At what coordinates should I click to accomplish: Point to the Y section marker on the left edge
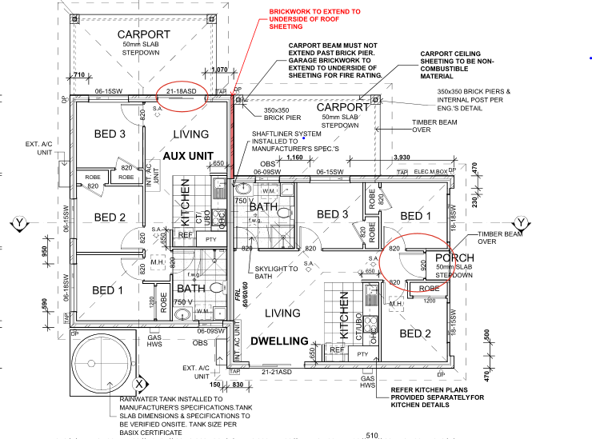click(18, 221)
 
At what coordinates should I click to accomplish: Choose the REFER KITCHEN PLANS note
click(432, 397)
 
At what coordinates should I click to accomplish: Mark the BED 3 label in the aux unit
click(109, 134)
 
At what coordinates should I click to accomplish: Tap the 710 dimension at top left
click(78, 74)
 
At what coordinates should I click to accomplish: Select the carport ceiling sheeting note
click(463, 66)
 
